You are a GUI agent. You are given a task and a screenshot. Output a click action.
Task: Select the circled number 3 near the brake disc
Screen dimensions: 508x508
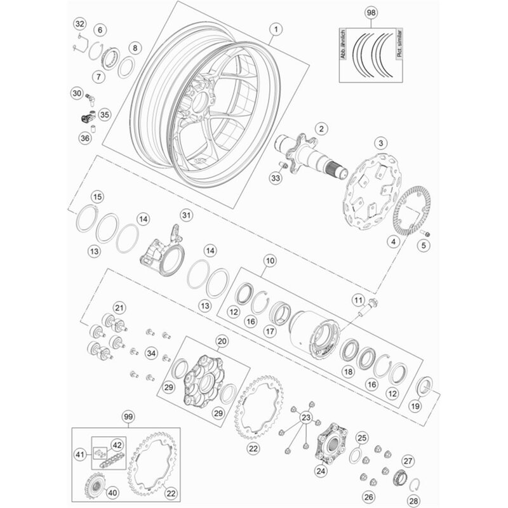coord(382,142)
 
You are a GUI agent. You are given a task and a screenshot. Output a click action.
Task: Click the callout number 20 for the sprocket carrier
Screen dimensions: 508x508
coord(222,342)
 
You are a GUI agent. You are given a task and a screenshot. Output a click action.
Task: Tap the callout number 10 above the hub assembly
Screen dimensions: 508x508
coord(271,260)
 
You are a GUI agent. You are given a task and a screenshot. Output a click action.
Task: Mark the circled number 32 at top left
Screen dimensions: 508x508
coord(79,24)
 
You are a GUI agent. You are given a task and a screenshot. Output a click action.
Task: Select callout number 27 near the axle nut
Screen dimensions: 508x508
coord(408,462)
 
